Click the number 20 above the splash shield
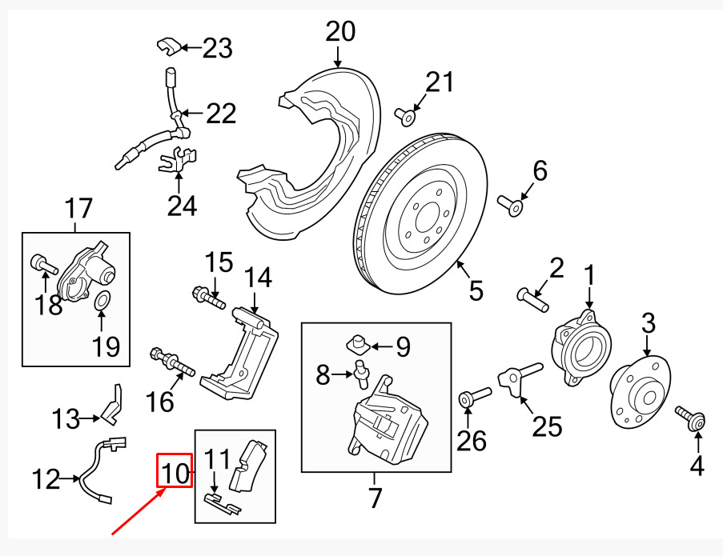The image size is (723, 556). (x=340, y=32)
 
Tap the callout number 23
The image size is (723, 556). (x=218, y=48)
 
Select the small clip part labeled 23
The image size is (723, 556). (x=169, y=46)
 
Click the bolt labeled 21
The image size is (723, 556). (x=404, y=117)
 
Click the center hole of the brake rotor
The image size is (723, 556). (x=428, y=219)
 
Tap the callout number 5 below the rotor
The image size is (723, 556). (x=476, y=290)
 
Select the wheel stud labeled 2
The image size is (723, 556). (x=533, y=300)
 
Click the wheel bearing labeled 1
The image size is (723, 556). (x=582, y=348)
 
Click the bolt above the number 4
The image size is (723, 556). (x=691, y=418)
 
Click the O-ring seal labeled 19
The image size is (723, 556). (x=102, y=301)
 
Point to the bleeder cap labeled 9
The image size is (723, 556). (x=356, y=343)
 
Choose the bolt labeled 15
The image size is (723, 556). (x=208, y=297)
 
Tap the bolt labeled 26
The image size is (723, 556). (x=475, y=397)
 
